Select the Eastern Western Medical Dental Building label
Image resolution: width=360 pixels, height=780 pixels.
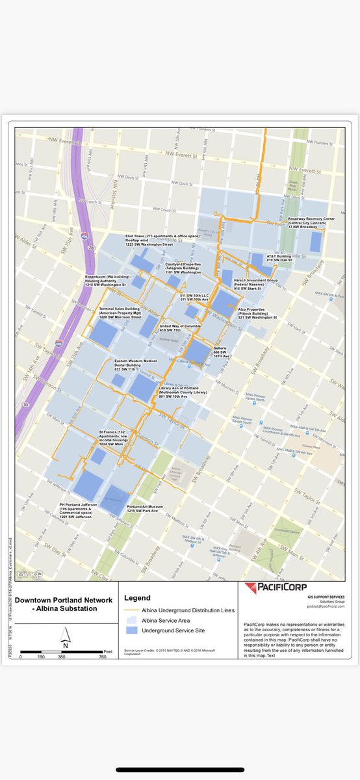coord(136,365)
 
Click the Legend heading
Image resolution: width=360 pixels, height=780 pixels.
coord(137,598)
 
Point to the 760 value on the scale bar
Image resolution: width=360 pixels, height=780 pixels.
coord(102,657)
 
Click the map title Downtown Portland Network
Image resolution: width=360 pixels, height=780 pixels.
coord(64,600)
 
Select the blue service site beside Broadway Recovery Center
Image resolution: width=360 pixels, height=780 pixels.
coord(316,242)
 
